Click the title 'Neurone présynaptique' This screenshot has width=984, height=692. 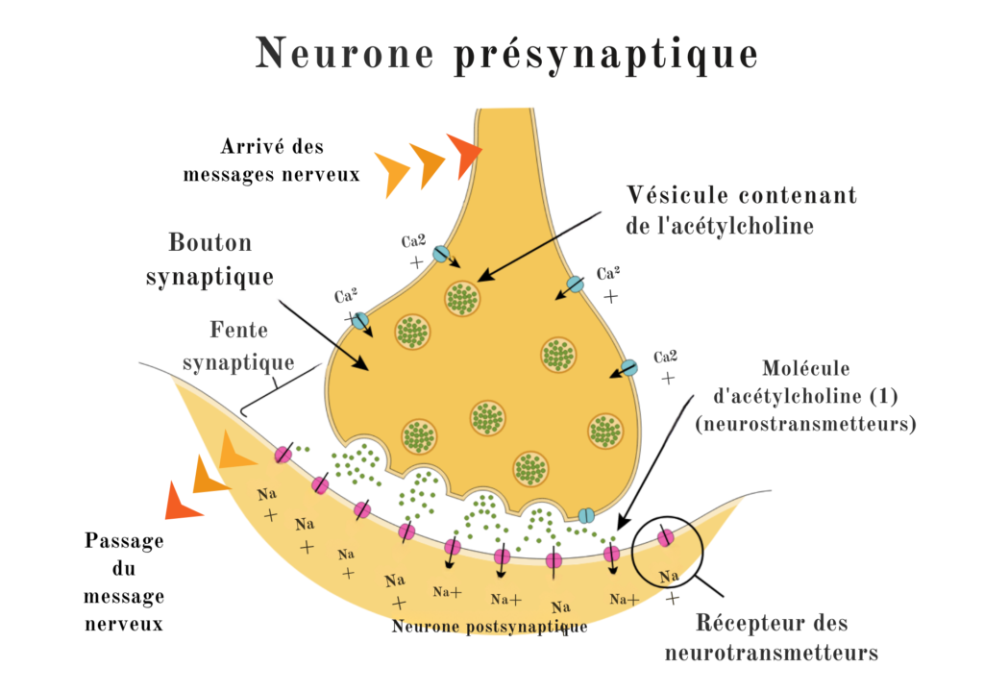pos(506,54)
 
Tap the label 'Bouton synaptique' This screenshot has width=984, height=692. pos(209,259)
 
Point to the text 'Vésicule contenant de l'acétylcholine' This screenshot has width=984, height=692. pos(741,210)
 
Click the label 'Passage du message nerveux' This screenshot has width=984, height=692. pos(124,582)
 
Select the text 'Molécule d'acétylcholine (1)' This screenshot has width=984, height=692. pos(805,382)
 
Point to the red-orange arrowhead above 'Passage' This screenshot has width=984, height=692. pos(183,500)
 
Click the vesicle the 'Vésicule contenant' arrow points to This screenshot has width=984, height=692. pos(462,298)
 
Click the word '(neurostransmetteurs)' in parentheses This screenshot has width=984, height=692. pos(804,423)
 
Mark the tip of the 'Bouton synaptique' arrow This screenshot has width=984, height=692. pos(369,369)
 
